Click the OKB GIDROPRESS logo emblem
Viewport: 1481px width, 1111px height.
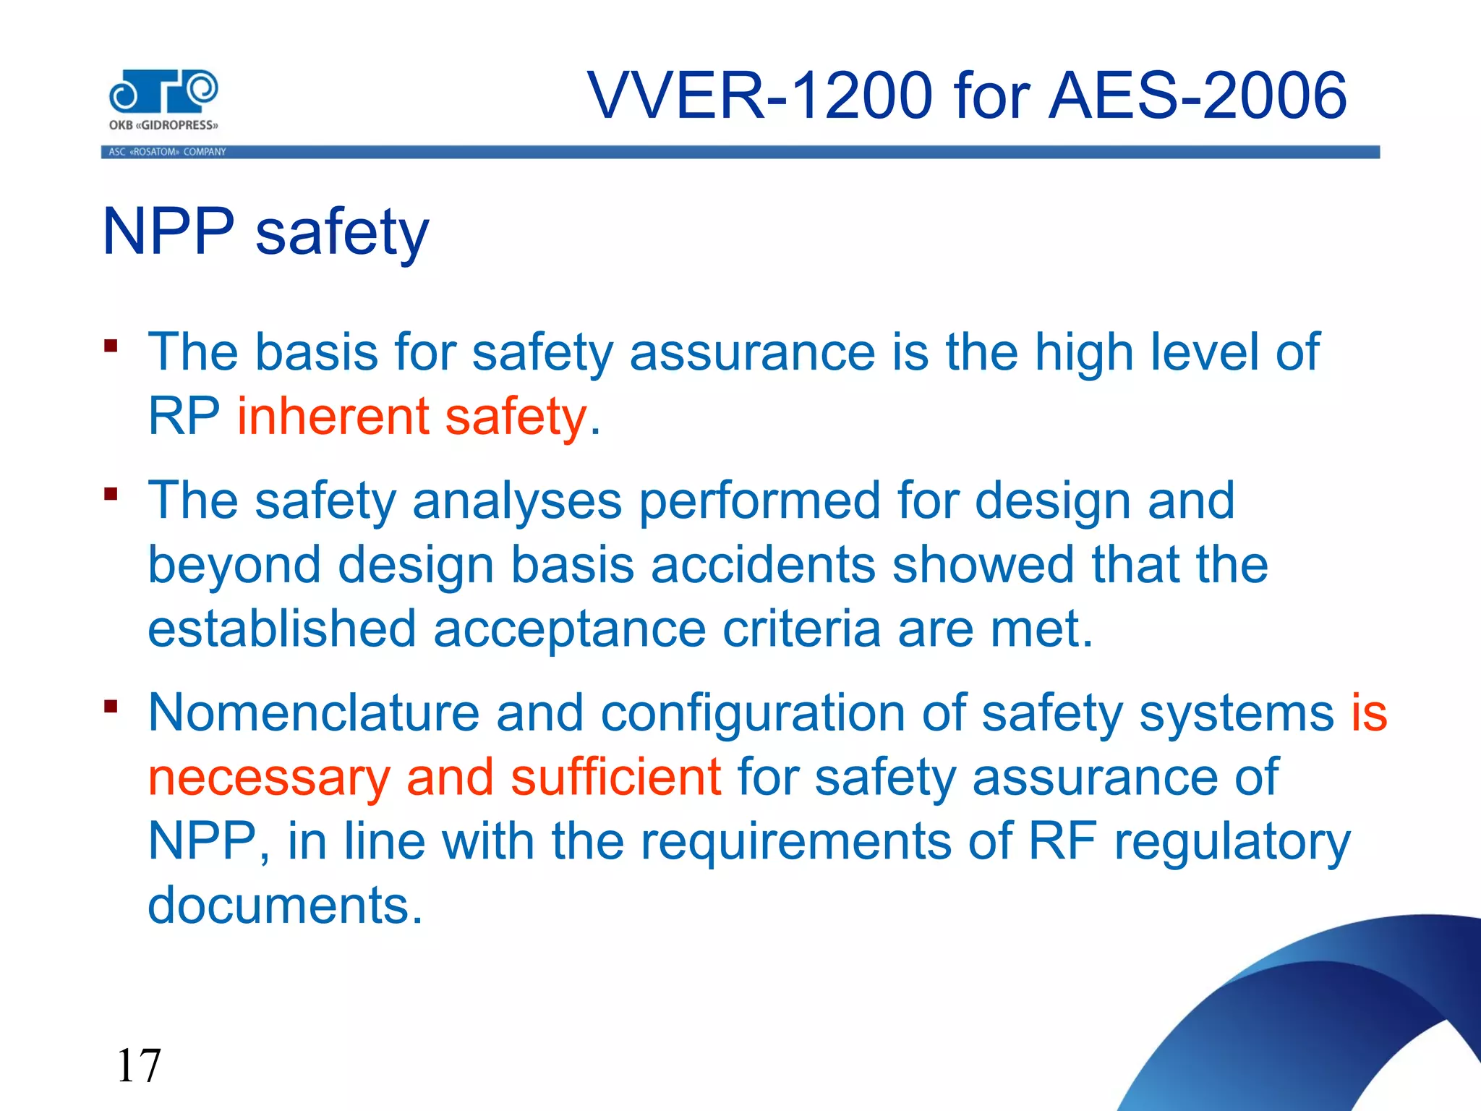pos(163,92)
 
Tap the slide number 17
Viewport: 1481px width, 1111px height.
pos(138,1065)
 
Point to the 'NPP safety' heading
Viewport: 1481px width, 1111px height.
pos(266,231)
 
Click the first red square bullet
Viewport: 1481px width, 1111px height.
pos(111,345)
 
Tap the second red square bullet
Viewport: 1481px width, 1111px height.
pos(111,494)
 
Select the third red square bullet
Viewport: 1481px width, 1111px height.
pos(111,706)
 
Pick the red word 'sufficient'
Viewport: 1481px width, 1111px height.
pos(615,777)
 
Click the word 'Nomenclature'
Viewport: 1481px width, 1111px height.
pos(313,713)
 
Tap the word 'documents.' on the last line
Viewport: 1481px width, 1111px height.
pos(285,905)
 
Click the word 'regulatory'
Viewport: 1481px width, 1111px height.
pos(1232,842)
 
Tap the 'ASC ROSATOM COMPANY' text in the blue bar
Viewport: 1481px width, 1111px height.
pos(167,152)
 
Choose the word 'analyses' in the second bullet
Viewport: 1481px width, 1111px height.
pos(516,501)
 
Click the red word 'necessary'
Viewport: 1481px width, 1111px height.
pos(269,777)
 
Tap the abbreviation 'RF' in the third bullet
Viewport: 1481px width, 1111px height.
pos(1062,840)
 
